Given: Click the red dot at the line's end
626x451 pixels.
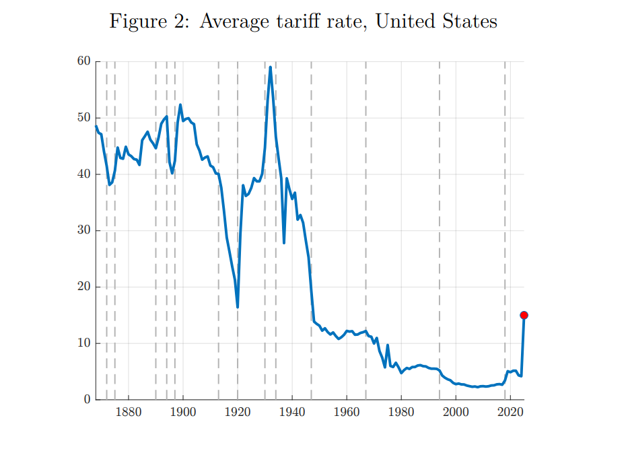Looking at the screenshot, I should pyautogui.click(x=524, y=315).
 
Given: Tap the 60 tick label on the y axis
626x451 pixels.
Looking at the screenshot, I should pyautogui.click(x=84, y=61).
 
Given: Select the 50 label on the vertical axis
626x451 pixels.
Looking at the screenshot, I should pyautogui.click(x=84, y=118).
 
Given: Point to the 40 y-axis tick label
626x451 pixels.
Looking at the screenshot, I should pyautogui.click(x=84, y=174).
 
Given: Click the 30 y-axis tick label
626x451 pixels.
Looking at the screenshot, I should pyautogui.click(x=84, y=231).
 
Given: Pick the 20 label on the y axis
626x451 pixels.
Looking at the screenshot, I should pyautogui.click(x=84, y=287).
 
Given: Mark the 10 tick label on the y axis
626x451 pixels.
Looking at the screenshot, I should pyautogui.click(x=84, y=344).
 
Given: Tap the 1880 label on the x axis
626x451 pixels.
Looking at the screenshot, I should pyautogui.click(x=128, y=412).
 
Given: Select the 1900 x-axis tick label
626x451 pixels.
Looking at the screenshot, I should pyautogui.click(x=182, y=412).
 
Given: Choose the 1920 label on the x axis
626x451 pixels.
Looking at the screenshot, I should pyautogui.click(x=238, y=412).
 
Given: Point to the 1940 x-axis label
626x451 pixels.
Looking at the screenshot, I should pyautogui.click(x=292, y=412).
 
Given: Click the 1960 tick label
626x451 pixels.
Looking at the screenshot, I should pyautogui.click(x=347, y=412).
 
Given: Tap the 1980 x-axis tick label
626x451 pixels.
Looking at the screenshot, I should pyautogui.click(x=401, y=412).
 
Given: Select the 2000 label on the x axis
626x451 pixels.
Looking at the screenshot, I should pyautogui.click(x=456, y=412).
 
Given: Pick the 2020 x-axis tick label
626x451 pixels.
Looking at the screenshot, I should pyautogui.click(x=510, y=412).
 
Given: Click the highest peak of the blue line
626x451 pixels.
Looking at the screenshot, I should pyautogui.click(x=270, y=67).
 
